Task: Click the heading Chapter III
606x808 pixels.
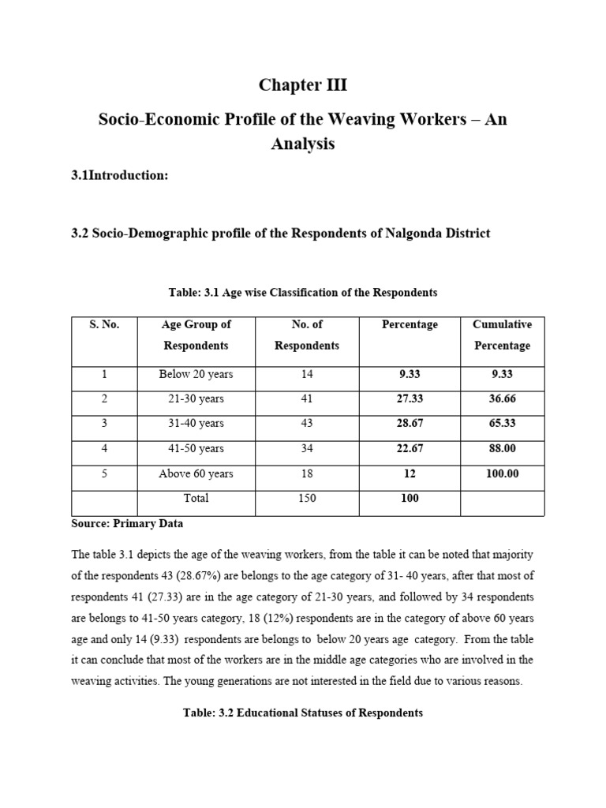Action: point(303,85)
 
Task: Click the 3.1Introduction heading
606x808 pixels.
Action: point(120,175)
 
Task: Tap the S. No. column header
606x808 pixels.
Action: point(104,324)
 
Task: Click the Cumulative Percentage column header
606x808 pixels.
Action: point(502,335)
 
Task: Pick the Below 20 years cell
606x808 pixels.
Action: point(196,374)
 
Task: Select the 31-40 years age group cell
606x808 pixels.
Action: point(196,424)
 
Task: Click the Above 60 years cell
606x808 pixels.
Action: point(196,474)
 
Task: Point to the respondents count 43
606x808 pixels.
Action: point(307,424)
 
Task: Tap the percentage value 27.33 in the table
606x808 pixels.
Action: point(410,399)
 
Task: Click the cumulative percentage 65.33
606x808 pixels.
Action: point(502,424)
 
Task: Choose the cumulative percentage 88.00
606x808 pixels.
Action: point(502,449)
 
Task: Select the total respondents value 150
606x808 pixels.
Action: point(307,499)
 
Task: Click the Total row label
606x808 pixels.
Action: point(196,499)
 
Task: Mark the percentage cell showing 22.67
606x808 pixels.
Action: point(410,449)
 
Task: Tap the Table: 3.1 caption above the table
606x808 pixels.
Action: point(303,293)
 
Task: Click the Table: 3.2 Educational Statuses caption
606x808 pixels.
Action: point(303,713)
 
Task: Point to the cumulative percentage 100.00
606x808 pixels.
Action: point(502,474)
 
